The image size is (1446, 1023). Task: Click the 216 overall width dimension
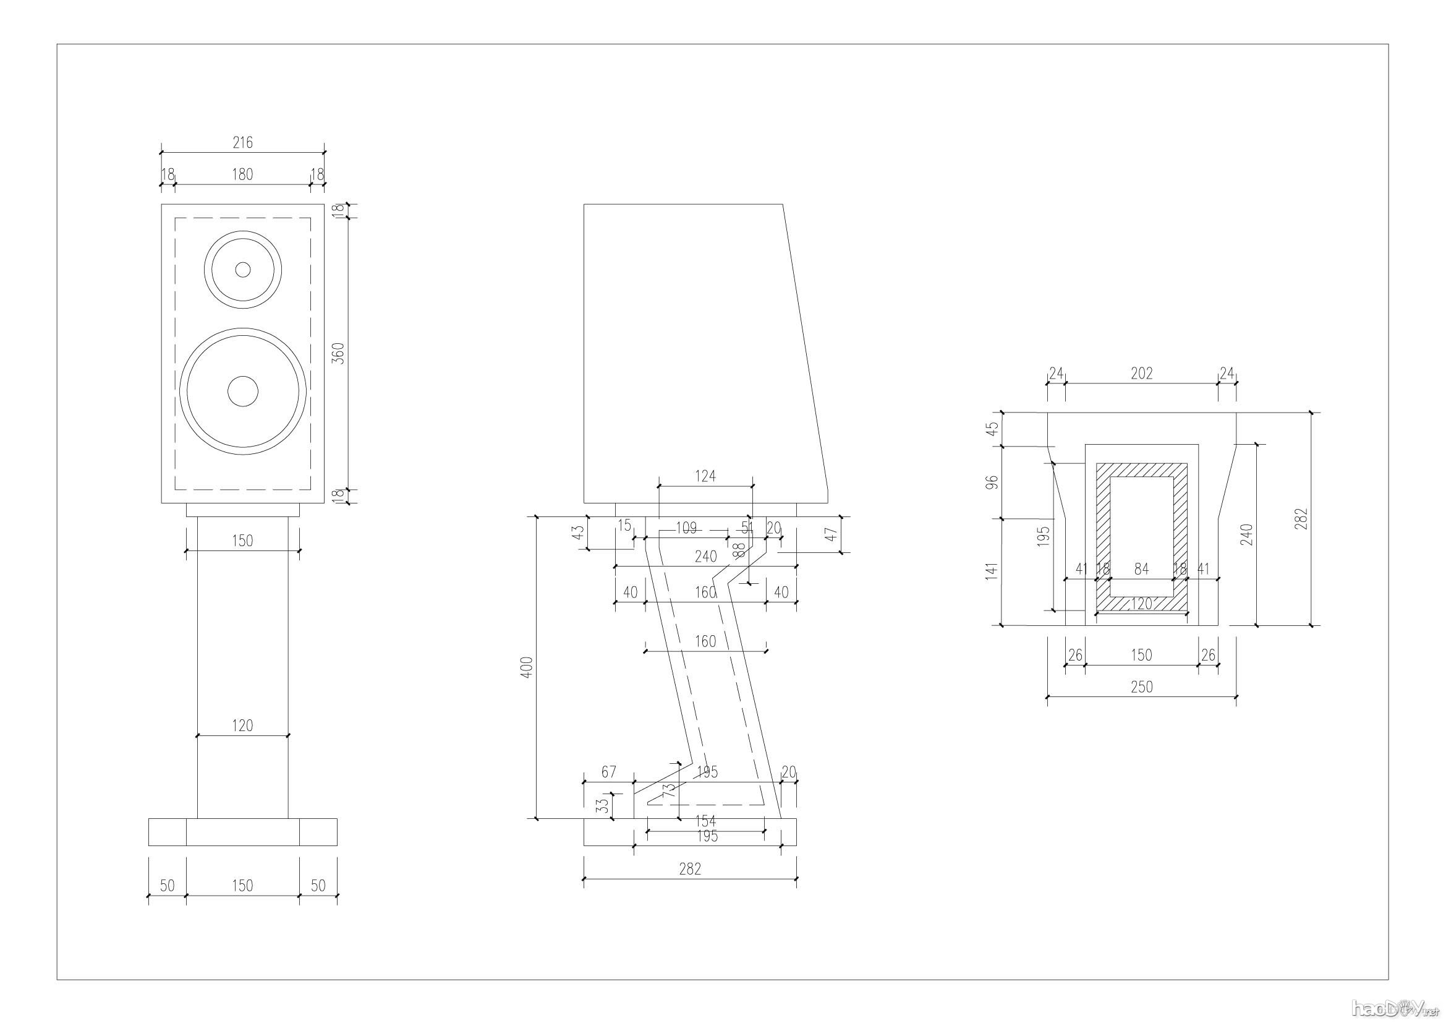(x=242, y=143)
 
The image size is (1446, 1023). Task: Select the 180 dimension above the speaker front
(x=242, y=174)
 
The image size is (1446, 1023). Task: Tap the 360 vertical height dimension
(x=338, y=354)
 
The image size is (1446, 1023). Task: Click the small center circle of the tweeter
(x=243, y=270)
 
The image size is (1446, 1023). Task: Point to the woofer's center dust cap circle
(x=243, y=391)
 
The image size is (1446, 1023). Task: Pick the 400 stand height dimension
(x=527, y=667)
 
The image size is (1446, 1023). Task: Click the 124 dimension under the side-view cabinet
(x=705, y=476)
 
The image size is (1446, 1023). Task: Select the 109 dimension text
(x=686, y=528)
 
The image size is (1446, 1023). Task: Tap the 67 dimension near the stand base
(x=608, y=773)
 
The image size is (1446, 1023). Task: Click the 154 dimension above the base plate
(x=705, y=821)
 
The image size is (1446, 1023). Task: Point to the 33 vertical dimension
(x=603, y=806)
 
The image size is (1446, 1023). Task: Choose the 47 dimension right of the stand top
(x=831, y=534)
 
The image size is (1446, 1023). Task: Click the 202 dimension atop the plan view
(x=1141, y=374)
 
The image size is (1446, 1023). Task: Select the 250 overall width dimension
(x=1141, y=687)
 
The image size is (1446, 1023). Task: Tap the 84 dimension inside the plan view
(x=1141, y=570)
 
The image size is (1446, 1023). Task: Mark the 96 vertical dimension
(x=993, y=482)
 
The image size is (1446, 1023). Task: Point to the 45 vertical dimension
(x=993, y=429)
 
